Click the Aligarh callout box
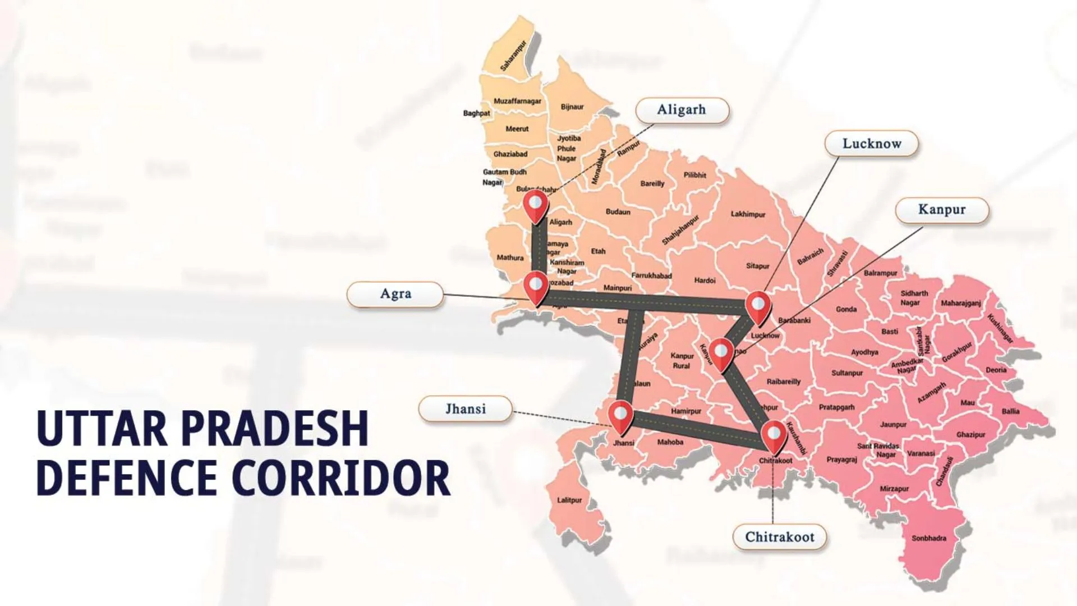(682, 110)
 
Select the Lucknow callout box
(871, 144)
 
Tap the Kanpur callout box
(941, 210)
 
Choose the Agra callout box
(395, 294)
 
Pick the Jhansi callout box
(465, 409)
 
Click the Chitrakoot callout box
(779, 537)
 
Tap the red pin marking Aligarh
(536, 204)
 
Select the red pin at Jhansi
(621, 416)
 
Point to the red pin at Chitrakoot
(774, 435)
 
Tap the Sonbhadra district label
(928, 539)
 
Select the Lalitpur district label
(569, 500)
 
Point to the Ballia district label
(1010, 411)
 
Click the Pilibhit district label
(694, 175)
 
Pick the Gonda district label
(846, 309)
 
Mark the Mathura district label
(510, 258)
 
